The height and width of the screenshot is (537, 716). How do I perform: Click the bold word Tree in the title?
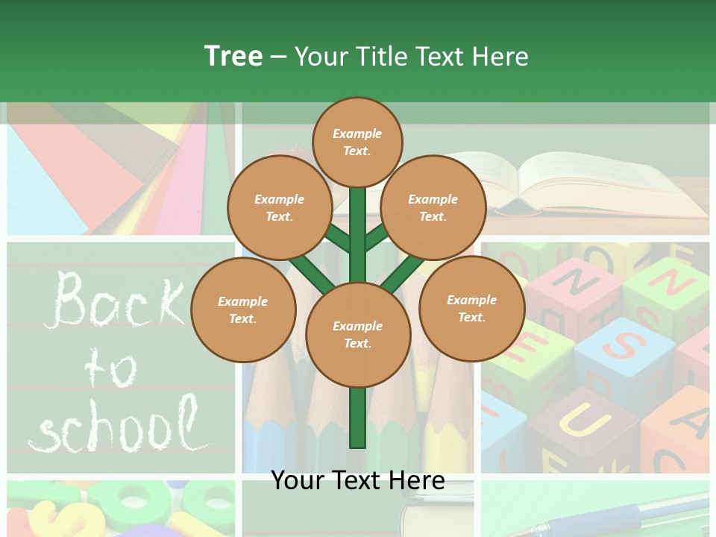click(233, 56)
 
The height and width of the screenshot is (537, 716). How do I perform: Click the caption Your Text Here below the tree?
click(358, 480)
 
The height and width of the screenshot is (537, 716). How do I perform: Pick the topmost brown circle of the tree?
click(357, 142)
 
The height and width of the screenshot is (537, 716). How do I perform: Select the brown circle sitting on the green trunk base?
click(358, 334)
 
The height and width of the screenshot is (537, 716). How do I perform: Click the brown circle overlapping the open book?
click(433, 207)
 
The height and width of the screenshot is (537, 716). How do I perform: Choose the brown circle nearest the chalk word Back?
click(243, 310)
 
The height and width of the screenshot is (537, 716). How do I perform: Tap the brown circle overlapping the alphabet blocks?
click(471, 308)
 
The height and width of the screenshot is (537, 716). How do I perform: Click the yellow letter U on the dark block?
click(578, 421)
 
